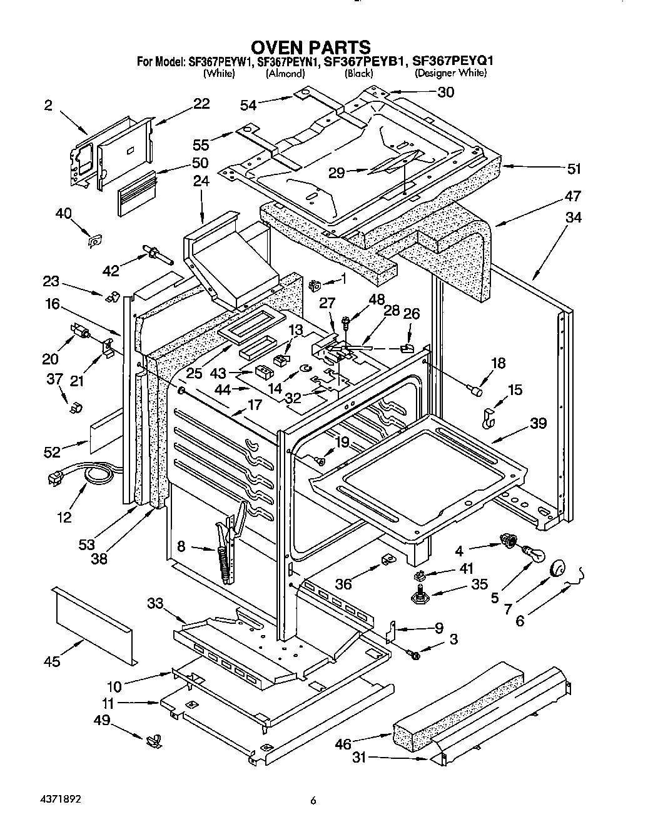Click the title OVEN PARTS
pyautogui.click(x=310, y=47)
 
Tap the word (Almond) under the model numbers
pyautogui.click(x=285, y=73)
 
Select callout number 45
pyautogui.click(x=53, y=661)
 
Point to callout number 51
pyautogui.click(x=574, y=168)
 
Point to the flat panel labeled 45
pyautogui.click(x=94, y=625)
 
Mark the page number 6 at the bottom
pyautogui.click(x=313, y=800)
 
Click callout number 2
pyautogui.click(x=48, y=106)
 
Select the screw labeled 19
pyautogui.click(x=320, y=461)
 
